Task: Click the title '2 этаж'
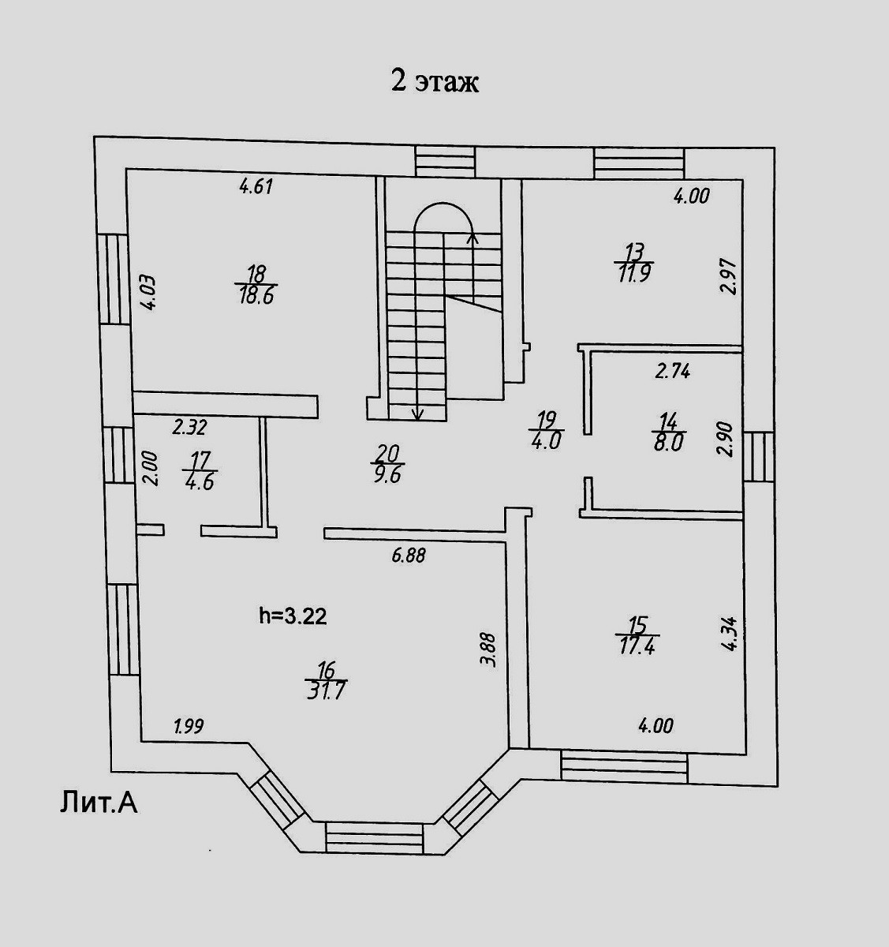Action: [435, 81]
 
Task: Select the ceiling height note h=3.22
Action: [293, 616]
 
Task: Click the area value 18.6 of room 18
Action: [256, 297]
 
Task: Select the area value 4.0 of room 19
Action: [546, 441]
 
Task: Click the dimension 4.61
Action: [256, 187]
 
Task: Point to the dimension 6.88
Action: [409, 556]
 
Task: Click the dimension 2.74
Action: [673, 371]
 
